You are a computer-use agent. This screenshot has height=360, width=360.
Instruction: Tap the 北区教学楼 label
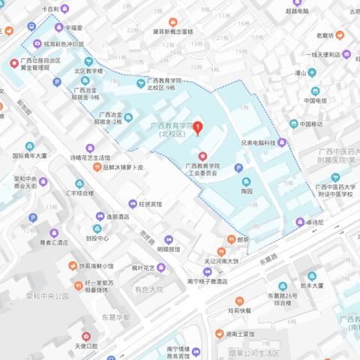click(88, 72)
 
